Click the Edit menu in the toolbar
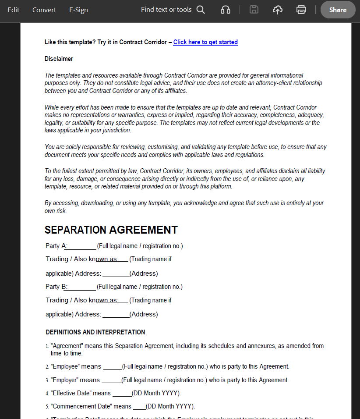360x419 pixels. tap(13, 10)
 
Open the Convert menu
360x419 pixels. tap(44, 10)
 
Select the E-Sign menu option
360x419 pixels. tap(78, 10)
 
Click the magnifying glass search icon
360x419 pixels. tap(201, 10)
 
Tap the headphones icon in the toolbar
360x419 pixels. tap(226, 10)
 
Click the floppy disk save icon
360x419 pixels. tap(254, 10)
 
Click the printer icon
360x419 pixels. tap(301, 10)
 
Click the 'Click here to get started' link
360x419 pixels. tap(205, 42)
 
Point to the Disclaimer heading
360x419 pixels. tap(59, 59)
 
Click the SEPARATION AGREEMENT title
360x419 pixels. tap(111, 230)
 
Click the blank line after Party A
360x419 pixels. tap(81, 246)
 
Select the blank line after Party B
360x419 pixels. tap(81, 287)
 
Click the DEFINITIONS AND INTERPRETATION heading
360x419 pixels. tap(95, 332)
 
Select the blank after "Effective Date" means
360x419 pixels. tap(122, 394)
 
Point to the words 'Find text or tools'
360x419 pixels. tap(166, 10)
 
